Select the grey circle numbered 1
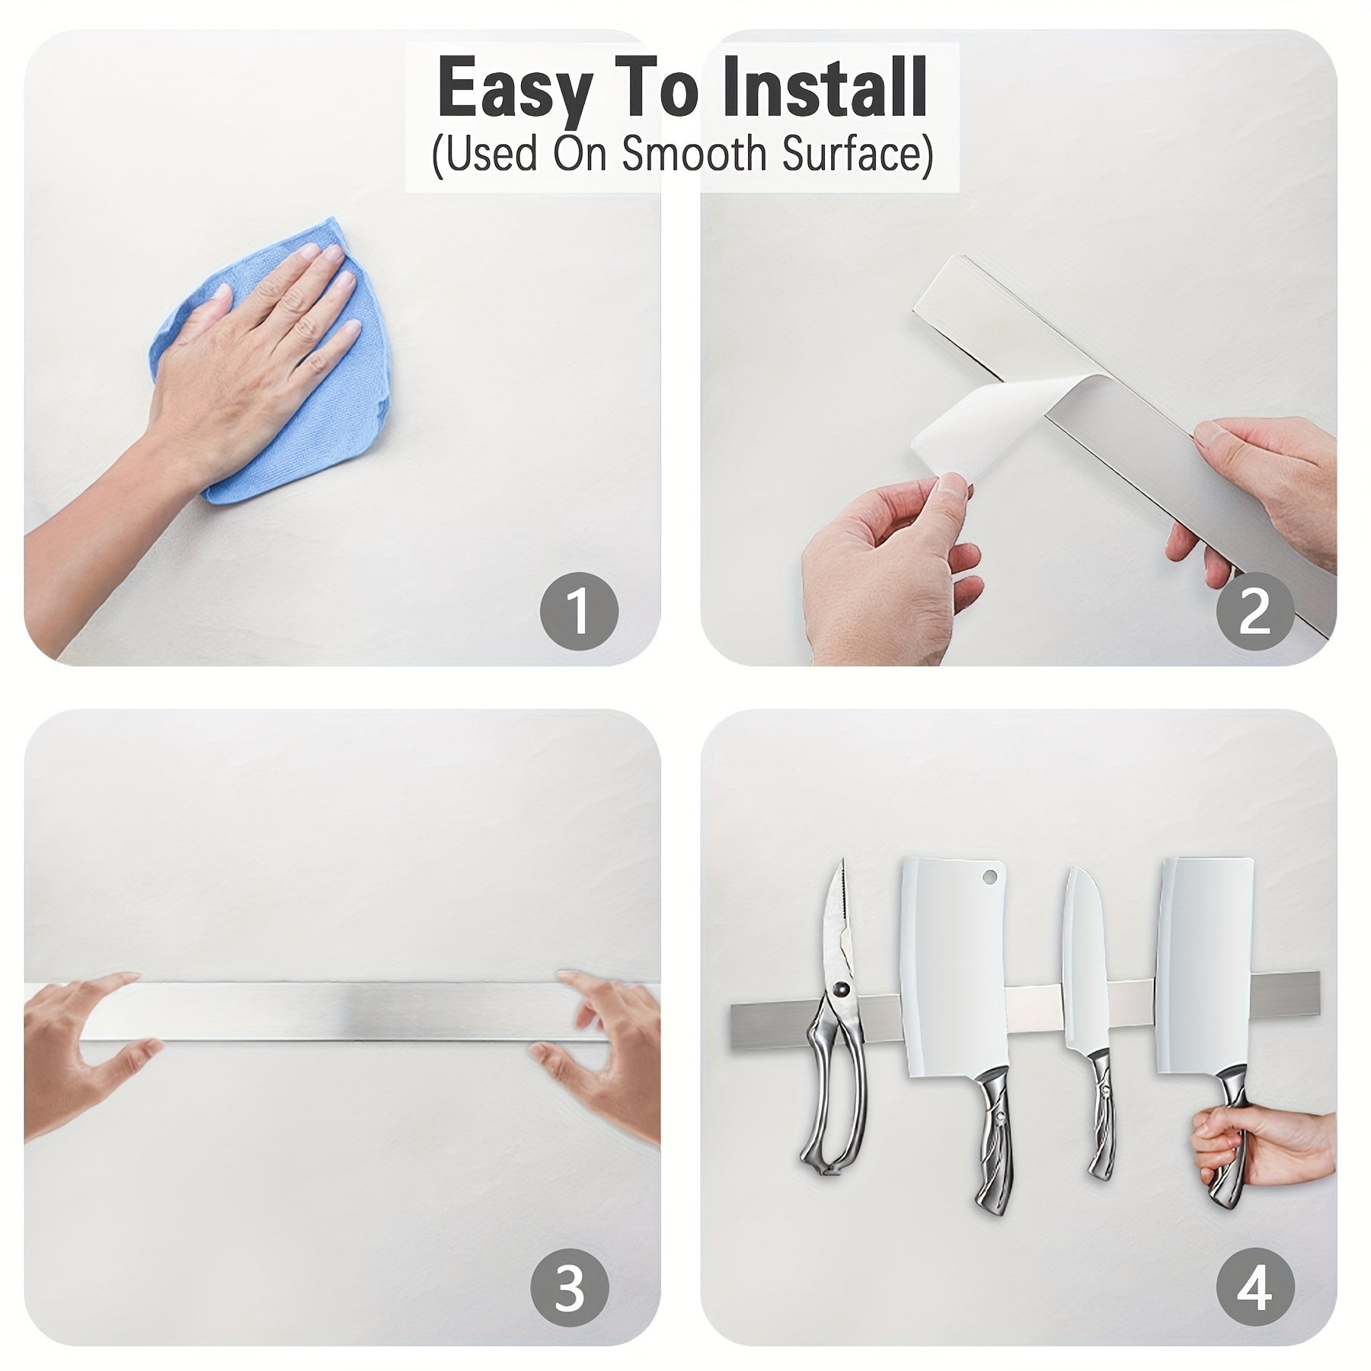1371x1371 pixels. click(x=579, y=611)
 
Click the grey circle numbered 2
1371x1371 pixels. click(x=1254, y=611)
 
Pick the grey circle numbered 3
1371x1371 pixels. click(x=570, y=1287)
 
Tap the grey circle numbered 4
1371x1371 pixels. click(x=1254, y=1287)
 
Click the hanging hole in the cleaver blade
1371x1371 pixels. click(x=990, y=877)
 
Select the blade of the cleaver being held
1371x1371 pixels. click(x=1203, y=983)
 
